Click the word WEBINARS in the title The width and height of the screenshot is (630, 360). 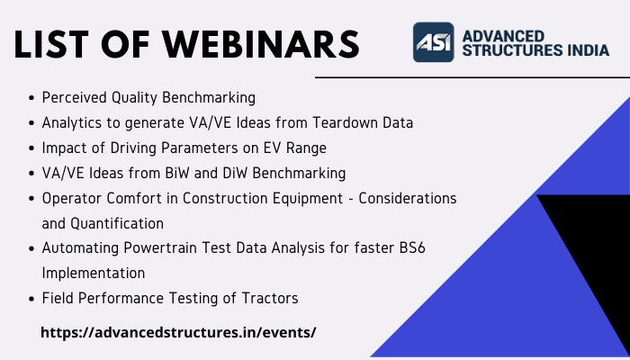coord(255,43)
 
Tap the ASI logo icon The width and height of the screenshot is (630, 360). coord(433,41)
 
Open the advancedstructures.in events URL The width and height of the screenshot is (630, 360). coord(178,332)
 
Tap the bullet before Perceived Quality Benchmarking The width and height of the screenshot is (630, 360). coord(32,97)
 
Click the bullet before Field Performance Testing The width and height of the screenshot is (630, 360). coord(32,297)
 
